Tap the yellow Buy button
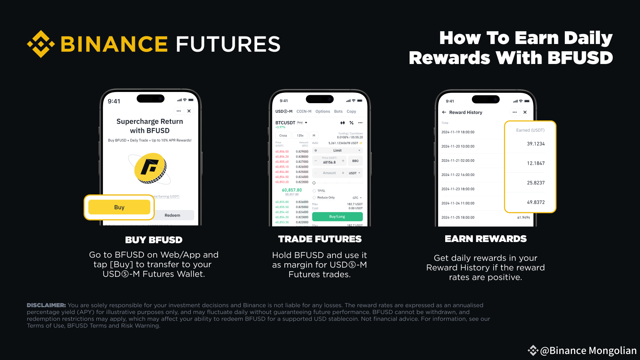(x=119, y=207)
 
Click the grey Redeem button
(x=172, y=215)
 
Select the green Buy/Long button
(x=337, y=217)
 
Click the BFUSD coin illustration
(x=150, y=168)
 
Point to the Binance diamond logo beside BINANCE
(x=41, y=44)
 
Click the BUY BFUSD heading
(x=154, y=240)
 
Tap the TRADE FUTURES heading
(x=320, y=239)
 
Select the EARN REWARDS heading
(x=486, y=239)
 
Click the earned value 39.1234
(x=536, y=144)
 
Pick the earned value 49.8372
(x=536, y=202)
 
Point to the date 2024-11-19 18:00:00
(x=458, y=132)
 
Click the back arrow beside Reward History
(x=444, y=112)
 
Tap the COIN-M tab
(x=304, y=112)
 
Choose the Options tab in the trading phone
(x=322, y=112)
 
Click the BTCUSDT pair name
(x=285, y=123)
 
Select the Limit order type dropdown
(x=338, y=150)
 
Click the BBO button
(x=355, y=161)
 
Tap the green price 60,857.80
(x=292, y=190)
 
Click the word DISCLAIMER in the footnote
(x=46, y=305)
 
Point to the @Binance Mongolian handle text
(x=588, y=351)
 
